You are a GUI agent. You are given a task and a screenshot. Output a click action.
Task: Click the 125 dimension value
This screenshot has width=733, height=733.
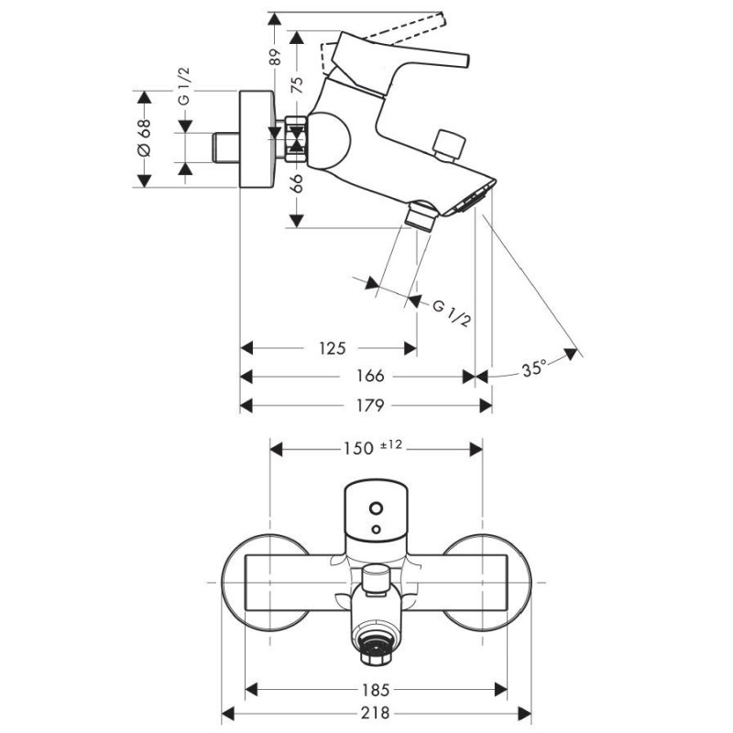[x=332, y=348]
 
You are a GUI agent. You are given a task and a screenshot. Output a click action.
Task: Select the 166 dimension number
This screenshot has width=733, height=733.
[x=370, y=376]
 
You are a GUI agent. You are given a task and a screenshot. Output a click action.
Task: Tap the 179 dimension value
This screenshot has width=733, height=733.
[x=370, y=405]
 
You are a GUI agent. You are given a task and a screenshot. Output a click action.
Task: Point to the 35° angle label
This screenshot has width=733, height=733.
[x=534, y=369]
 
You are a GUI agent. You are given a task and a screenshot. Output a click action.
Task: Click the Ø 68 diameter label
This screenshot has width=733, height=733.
[x=145, y=137]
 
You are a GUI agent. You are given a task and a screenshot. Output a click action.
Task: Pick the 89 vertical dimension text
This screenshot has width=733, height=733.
[x=276, y=57]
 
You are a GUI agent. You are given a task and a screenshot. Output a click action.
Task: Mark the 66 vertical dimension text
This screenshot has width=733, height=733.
[x=297, y=182]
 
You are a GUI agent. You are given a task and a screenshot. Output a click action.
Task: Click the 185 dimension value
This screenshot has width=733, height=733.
[x=376, y=690]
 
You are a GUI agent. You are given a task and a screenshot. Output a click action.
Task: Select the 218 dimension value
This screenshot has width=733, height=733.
[x=376, y=713]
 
